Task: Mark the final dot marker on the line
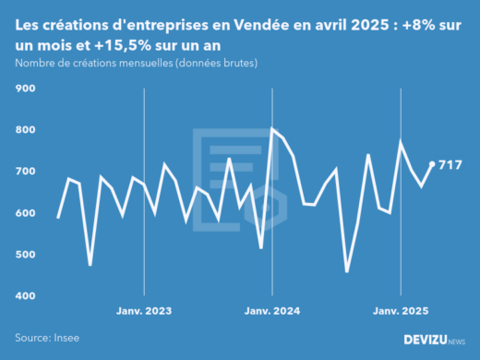tap(432, 164)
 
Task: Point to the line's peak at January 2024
tap(271, 129)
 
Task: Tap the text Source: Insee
tap(47, 339)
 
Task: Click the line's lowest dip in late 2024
tap(347, 271)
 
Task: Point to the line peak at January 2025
tap(400, 141)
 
